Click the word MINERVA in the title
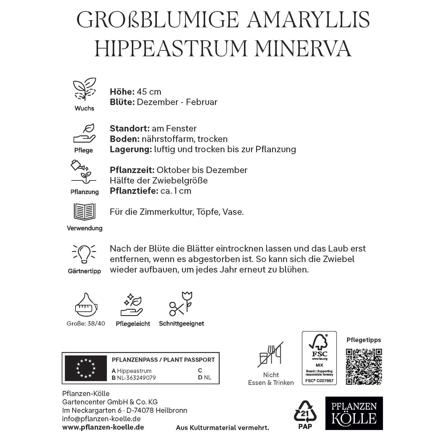[x=303, y=48]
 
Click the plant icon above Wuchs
[x=84, y=89]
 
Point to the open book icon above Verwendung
[x=84, y=212]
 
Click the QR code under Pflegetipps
[x=364, y=366]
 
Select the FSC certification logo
[x=319, y=358]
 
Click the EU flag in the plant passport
[x=86, y=368]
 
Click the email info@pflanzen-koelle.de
[x=101, y=419]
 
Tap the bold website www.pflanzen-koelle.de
[x=103, y=427]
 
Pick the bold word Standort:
[x=130, y=129]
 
